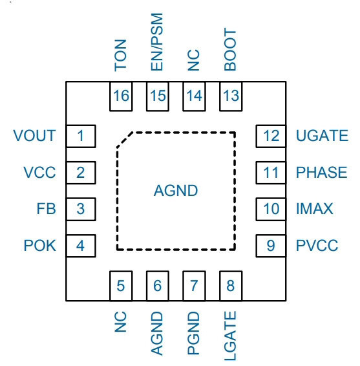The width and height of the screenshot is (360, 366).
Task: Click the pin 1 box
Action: point(81,136)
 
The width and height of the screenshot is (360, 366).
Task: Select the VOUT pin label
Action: point(34,136)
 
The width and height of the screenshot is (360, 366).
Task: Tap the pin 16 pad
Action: point(121,96)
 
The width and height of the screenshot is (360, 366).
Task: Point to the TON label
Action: point(120,56)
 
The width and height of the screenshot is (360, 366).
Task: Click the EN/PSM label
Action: point(157,42)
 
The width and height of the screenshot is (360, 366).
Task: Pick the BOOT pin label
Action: point(230,49)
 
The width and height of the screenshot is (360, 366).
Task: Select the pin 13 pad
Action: point(231,96)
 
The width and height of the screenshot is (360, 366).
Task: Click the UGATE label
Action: point(322,136)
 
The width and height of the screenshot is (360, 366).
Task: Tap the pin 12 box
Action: point(271,136)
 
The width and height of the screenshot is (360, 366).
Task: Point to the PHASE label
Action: point(321,173)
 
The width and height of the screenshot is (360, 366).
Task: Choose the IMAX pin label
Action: point(314,209)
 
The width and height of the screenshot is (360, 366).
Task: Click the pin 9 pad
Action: point(271,246)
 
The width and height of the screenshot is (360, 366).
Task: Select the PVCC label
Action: point(317,246)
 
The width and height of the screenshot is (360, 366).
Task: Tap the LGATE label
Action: point(230,336)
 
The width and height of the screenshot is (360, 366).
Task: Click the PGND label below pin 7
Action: point(193,333)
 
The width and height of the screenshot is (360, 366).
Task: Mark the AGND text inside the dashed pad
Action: point(176,191)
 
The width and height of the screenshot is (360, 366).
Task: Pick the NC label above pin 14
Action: point(193,60)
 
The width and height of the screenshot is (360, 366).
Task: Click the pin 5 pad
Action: point(121,286)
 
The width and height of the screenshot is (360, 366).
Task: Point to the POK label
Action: point(40,246)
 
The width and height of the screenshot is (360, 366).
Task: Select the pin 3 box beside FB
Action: point(81,209)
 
